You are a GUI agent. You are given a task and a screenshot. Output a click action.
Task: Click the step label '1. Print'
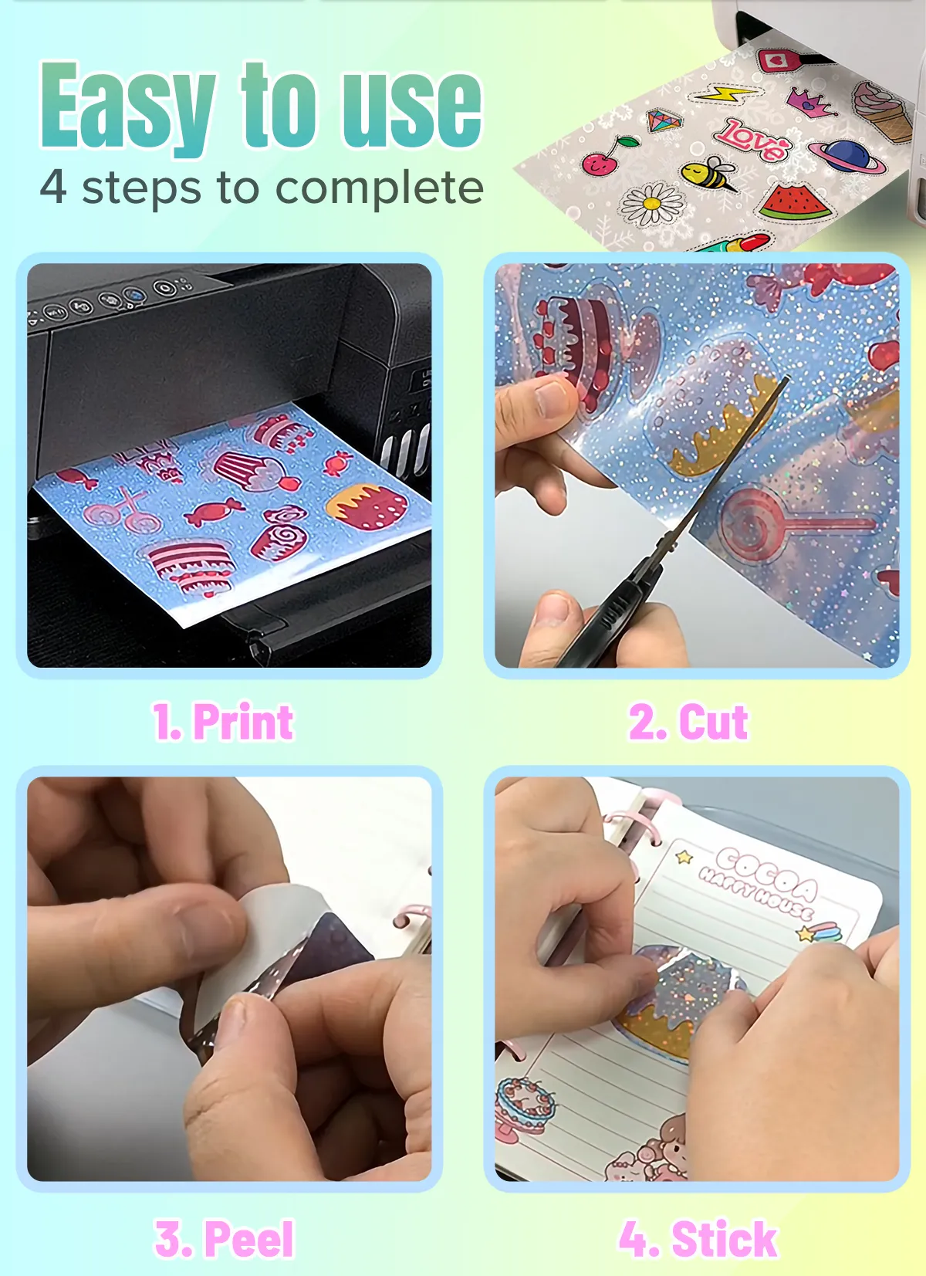223,721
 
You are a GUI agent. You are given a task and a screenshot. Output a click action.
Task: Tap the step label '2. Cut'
688,721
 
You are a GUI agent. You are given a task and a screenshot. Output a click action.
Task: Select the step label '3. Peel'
225,1238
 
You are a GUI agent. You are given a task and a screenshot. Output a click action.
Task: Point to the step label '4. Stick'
698,1238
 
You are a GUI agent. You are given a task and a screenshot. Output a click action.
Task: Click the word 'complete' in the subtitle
380,188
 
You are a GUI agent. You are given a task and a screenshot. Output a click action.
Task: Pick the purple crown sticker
809,101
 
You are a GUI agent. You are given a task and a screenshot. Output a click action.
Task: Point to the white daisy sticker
651,204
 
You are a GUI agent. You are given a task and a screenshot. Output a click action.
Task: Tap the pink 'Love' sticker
752,139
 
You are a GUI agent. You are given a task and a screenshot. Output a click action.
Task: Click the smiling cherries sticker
603,156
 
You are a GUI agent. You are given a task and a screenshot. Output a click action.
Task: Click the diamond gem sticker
664,120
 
